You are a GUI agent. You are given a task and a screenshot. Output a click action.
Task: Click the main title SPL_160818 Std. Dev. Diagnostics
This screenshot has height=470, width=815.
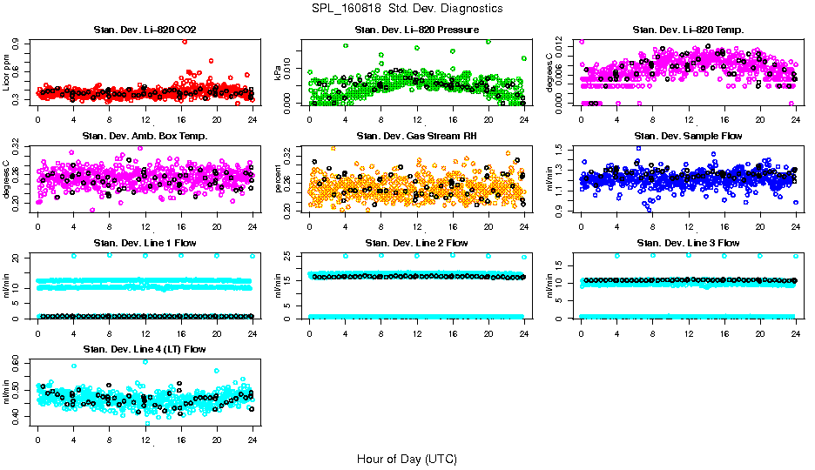pyautogui.click(x=407, y=8)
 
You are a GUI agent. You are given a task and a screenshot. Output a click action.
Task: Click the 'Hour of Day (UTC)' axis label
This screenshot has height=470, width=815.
pyautogui.click(x=407, y=458)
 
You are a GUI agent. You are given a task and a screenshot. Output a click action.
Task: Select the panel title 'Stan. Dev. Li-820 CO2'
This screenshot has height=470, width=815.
pyautogui.click(x=145, y=30)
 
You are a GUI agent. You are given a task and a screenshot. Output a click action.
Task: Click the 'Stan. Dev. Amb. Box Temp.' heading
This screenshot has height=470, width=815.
pyautogui.click(x=145, y=136)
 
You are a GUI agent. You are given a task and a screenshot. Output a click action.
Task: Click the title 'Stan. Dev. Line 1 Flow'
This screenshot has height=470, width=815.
pyautogui.click(x=145, y=243)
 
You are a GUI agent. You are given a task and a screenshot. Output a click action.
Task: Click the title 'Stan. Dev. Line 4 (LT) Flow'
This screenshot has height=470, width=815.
pyautogui.click(x=145, y=349)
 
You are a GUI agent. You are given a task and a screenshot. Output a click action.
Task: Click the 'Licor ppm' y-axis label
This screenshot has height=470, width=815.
pyautogui.click(x=6, y=72)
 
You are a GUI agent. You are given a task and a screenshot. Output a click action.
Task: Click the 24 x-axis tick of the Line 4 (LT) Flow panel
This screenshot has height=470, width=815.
pyautogui.click(x=253, y=440)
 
